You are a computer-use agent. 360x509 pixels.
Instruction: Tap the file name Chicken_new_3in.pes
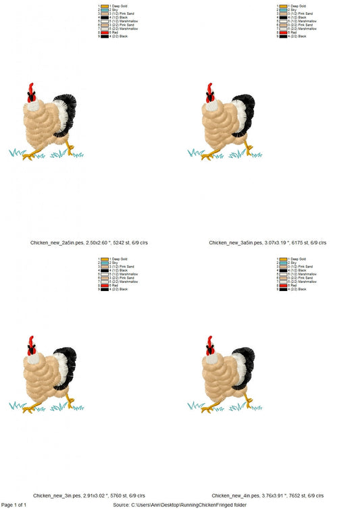[x=55, y=495]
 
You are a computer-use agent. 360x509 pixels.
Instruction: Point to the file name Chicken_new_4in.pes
[x=234, y=495]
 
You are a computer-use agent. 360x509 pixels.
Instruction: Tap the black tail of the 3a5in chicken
[x=247, y=108]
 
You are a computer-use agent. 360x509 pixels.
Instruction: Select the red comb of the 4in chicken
[x=210, y=341]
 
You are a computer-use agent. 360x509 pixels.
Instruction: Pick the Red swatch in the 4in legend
[x=283, y=286]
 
